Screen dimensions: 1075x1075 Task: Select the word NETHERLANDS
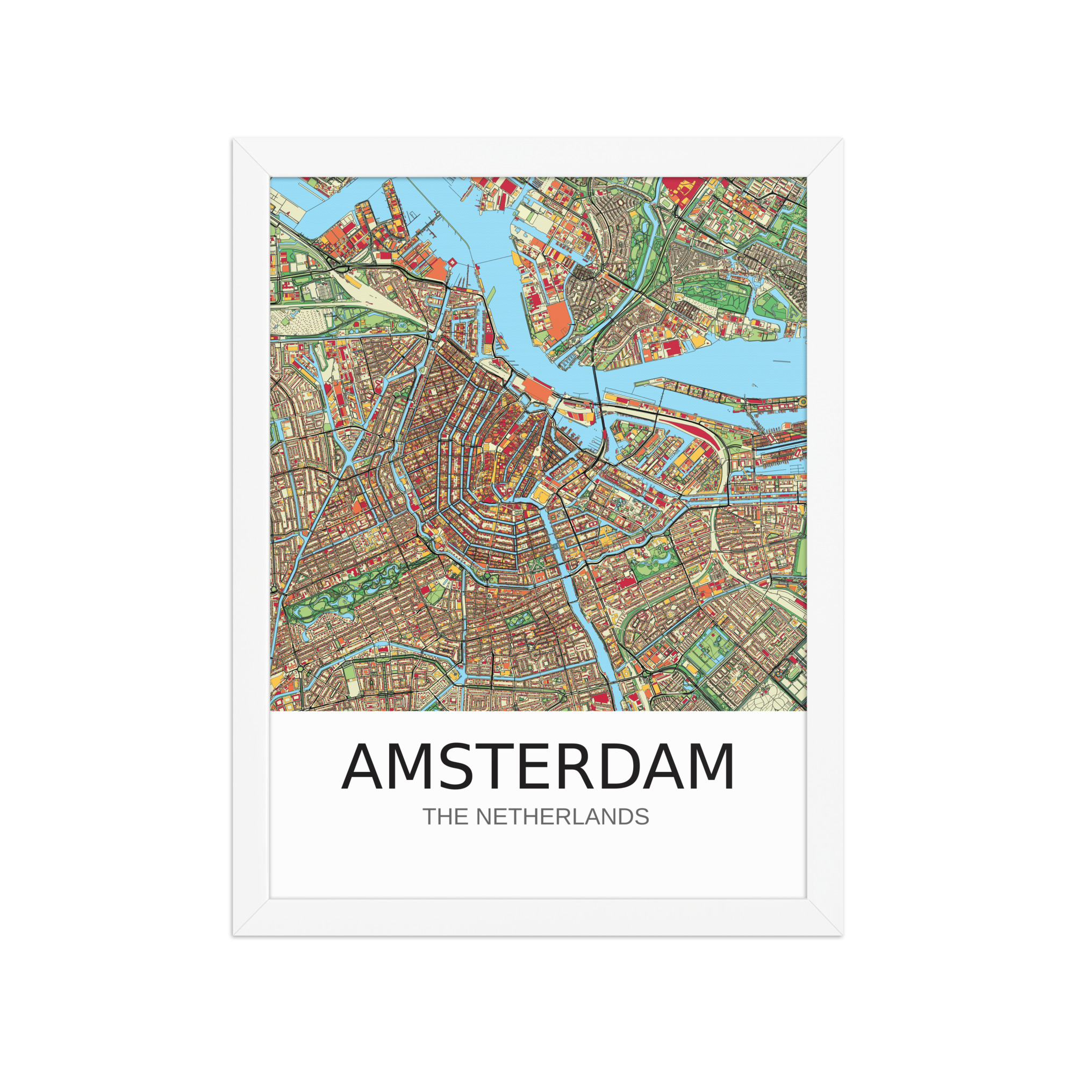pos(562,817)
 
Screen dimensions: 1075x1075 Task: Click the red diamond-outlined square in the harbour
pos(452,262)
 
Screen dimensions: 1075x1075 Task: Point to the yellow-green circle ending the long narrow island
pos(801,401)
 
